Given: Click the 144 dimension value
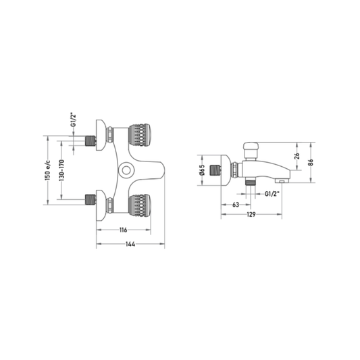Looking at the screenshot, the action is click(x=130, y=244).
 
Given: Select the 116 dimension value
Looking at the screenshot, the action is click(x=124, y=230).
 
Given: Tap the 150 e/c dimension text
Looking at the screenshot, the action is click(x=47, y=170).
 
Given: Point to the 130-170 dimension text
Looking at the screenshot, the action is click(x=61, y=170).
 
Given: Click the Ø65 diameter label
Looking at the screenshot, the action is click(x=202, y=170).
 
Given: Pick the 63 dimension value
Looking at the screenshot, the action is click(x=236, y=205).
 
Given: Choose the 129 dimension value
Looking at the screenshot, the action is click(x=251, y=214).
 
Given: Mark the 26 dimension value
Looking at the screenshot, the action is click(x=297, y=156).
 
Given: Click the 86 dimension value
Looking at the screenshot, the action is click(x=311, y=162).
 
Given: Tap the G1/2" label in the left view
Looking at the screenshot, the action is click(x=73, y=120).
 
